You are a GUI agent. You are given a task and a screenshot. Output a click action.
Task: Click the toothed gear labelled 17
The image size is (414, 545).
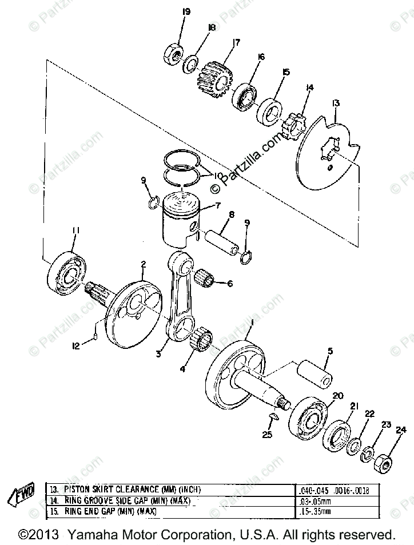213,78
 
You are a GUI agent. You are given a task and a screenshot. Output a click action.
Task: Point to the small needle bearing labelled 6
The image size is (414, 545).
206,279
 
